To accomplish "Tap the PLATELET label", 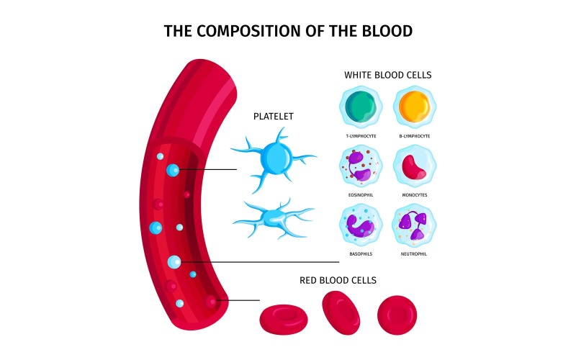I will [273, 116].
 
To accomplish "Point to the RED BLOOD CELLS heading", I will [338, 279].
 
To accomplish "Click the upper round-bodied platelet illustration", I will [274, 158].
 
